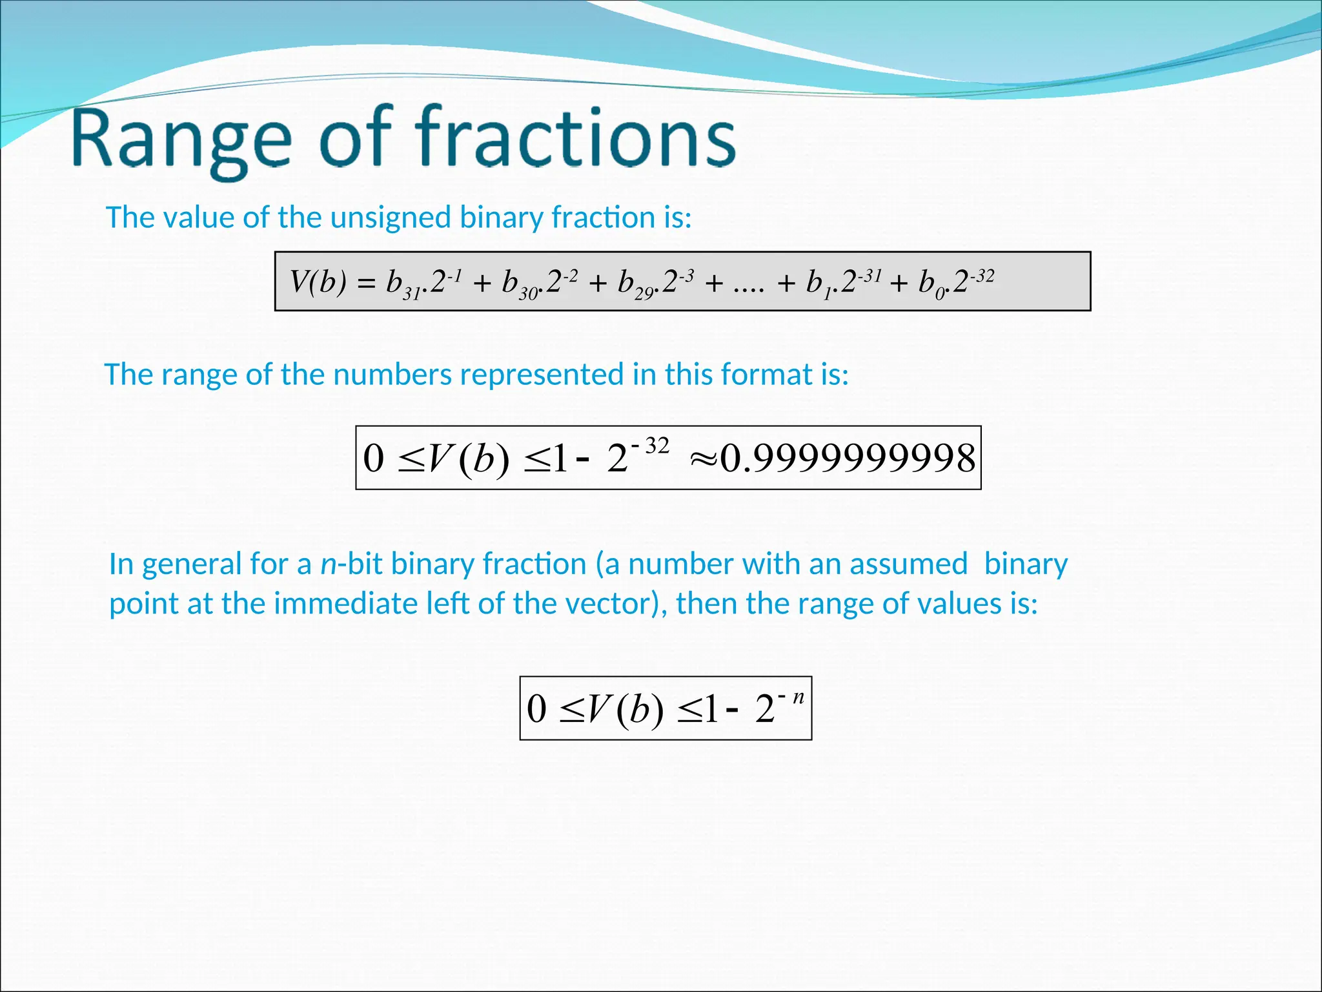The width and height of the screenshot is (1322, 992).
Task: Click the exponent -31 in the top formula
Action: click(x=869, y=276)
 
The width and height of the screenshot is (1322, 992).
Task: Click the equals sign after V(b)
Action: click(x=366, y=284)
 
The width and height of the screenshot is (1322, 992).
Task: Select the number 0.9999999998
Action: click(x=848, y=459)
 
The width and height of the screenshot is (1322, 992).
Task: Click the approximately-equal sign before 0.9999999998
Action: click(x=704, y=459)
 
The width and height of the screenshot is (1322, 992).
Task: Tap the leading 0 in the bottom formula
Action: click(x=536, y=708)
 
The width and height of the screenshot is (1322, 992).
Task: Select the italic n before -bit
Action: click(x=329, y=565)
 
